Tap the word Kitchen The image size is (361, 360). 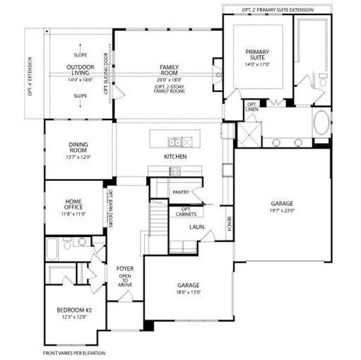pos(175,157)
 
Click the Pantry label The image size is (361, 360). pos(181,193)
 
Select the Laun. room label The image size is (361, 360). pos(198,227)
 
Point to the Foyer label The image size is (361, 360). pos(125,268)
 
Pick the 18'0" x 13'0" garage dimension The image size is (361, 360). pos(188,292)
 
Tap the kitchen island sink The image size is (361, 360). pos(175,142)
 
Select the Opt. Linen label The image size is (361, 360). pos(252,108)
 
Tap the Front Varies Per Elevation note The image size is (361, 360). pos(74,353)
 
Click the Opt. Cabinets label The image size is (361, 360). pos(186,211)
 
